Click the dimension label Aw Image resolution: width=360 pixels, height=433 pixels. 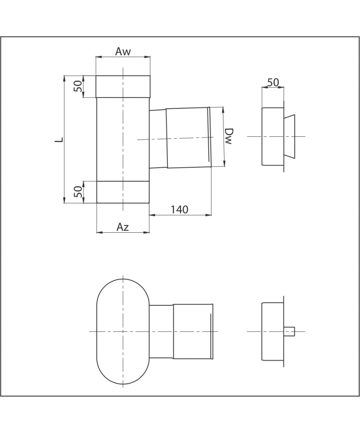123,51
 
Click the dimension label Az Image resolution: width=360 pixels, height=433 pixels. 122,227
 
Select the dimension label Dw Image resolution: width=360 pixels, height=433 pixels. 228,136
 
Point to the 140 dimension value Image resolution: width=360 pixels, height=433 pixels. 179,210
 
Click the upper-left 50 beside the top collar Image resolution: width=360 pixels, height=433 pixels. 78,86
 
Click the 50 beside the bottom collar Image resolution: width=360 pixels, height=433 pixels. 78,192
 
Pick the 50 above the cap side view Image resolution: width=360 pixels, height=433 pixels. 273,82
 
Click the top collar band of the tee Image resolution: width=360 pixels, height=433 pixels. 123,87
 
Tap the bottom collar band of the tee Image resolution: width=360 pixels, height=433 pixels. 123,192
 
